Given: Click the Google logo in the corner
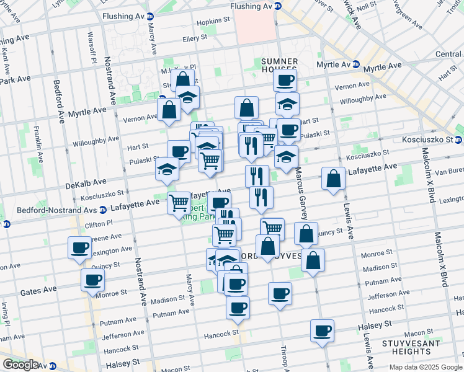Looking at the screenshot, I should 20,365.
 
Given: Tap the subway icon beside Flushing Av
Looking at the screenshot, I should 278,6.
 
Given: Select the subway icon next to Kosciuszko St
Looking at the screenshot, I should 458,140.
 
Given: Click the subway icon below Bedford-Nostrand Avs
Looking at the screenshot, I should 8,225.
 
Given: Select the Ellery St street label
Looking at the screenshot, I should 194,38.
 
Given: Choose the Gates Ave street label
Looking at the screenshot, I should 38,290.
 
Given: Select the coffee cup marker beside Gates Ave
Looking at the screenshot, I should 92,280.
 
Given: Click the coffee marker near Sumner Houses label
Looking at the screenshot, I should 285,80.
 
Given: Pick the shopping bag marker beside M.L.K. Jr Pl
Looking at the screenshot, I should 182,81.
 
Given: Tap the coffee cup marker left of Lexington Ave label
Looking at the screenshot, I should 79,247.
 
